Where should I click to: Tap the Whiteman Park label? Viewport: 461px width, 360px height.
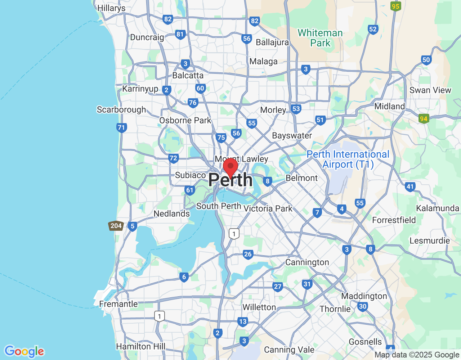tap(320, 38)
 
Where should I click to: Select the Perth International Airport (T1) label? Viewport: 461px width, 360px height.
tap(348, 159)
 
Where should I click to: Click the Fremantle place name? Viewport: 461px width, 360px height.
tap(118, 304)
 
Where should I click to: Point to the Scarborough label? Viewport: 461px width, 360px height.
tap(121, 109)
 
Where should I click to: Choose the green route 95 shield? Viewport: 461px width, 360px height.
tap(395, 6)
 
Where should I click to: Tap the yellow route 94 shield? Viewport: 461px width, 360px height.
tap(424, 118)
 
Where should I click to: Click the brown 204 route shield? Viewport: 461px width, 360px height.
tap(116, 226)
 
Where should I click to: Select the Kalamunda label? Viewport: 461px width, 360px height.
tap(438, 208)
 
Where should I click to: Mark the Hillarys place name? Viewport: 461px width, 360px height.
tap(111, 8)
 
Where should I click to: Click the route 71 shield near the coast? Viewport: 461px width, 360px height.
tap(121, 127)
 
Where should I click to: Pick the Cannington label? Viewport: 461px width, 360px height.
tap(307, 262)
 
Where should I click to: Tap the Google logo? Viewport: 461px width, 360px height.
tap(24, 351)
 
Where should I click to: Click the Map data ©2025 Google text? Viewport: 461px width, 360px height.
tap(417, 355)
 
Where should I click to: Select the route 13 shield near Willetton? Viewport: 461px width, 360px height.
tap(243, 322)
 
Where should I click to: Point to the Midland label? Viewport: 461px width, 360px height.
tap(390, 106)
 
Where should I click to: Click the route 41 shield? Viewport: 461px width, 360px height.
tap(410, 186)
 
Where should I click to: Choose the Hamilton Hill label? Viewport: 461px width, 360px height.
tap(141, 346)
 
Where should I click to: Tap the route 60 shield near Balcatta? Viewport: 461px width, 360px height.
tap(200, 88)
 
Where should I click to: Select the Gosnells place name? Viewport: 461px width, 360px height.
tap(365, 342)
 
